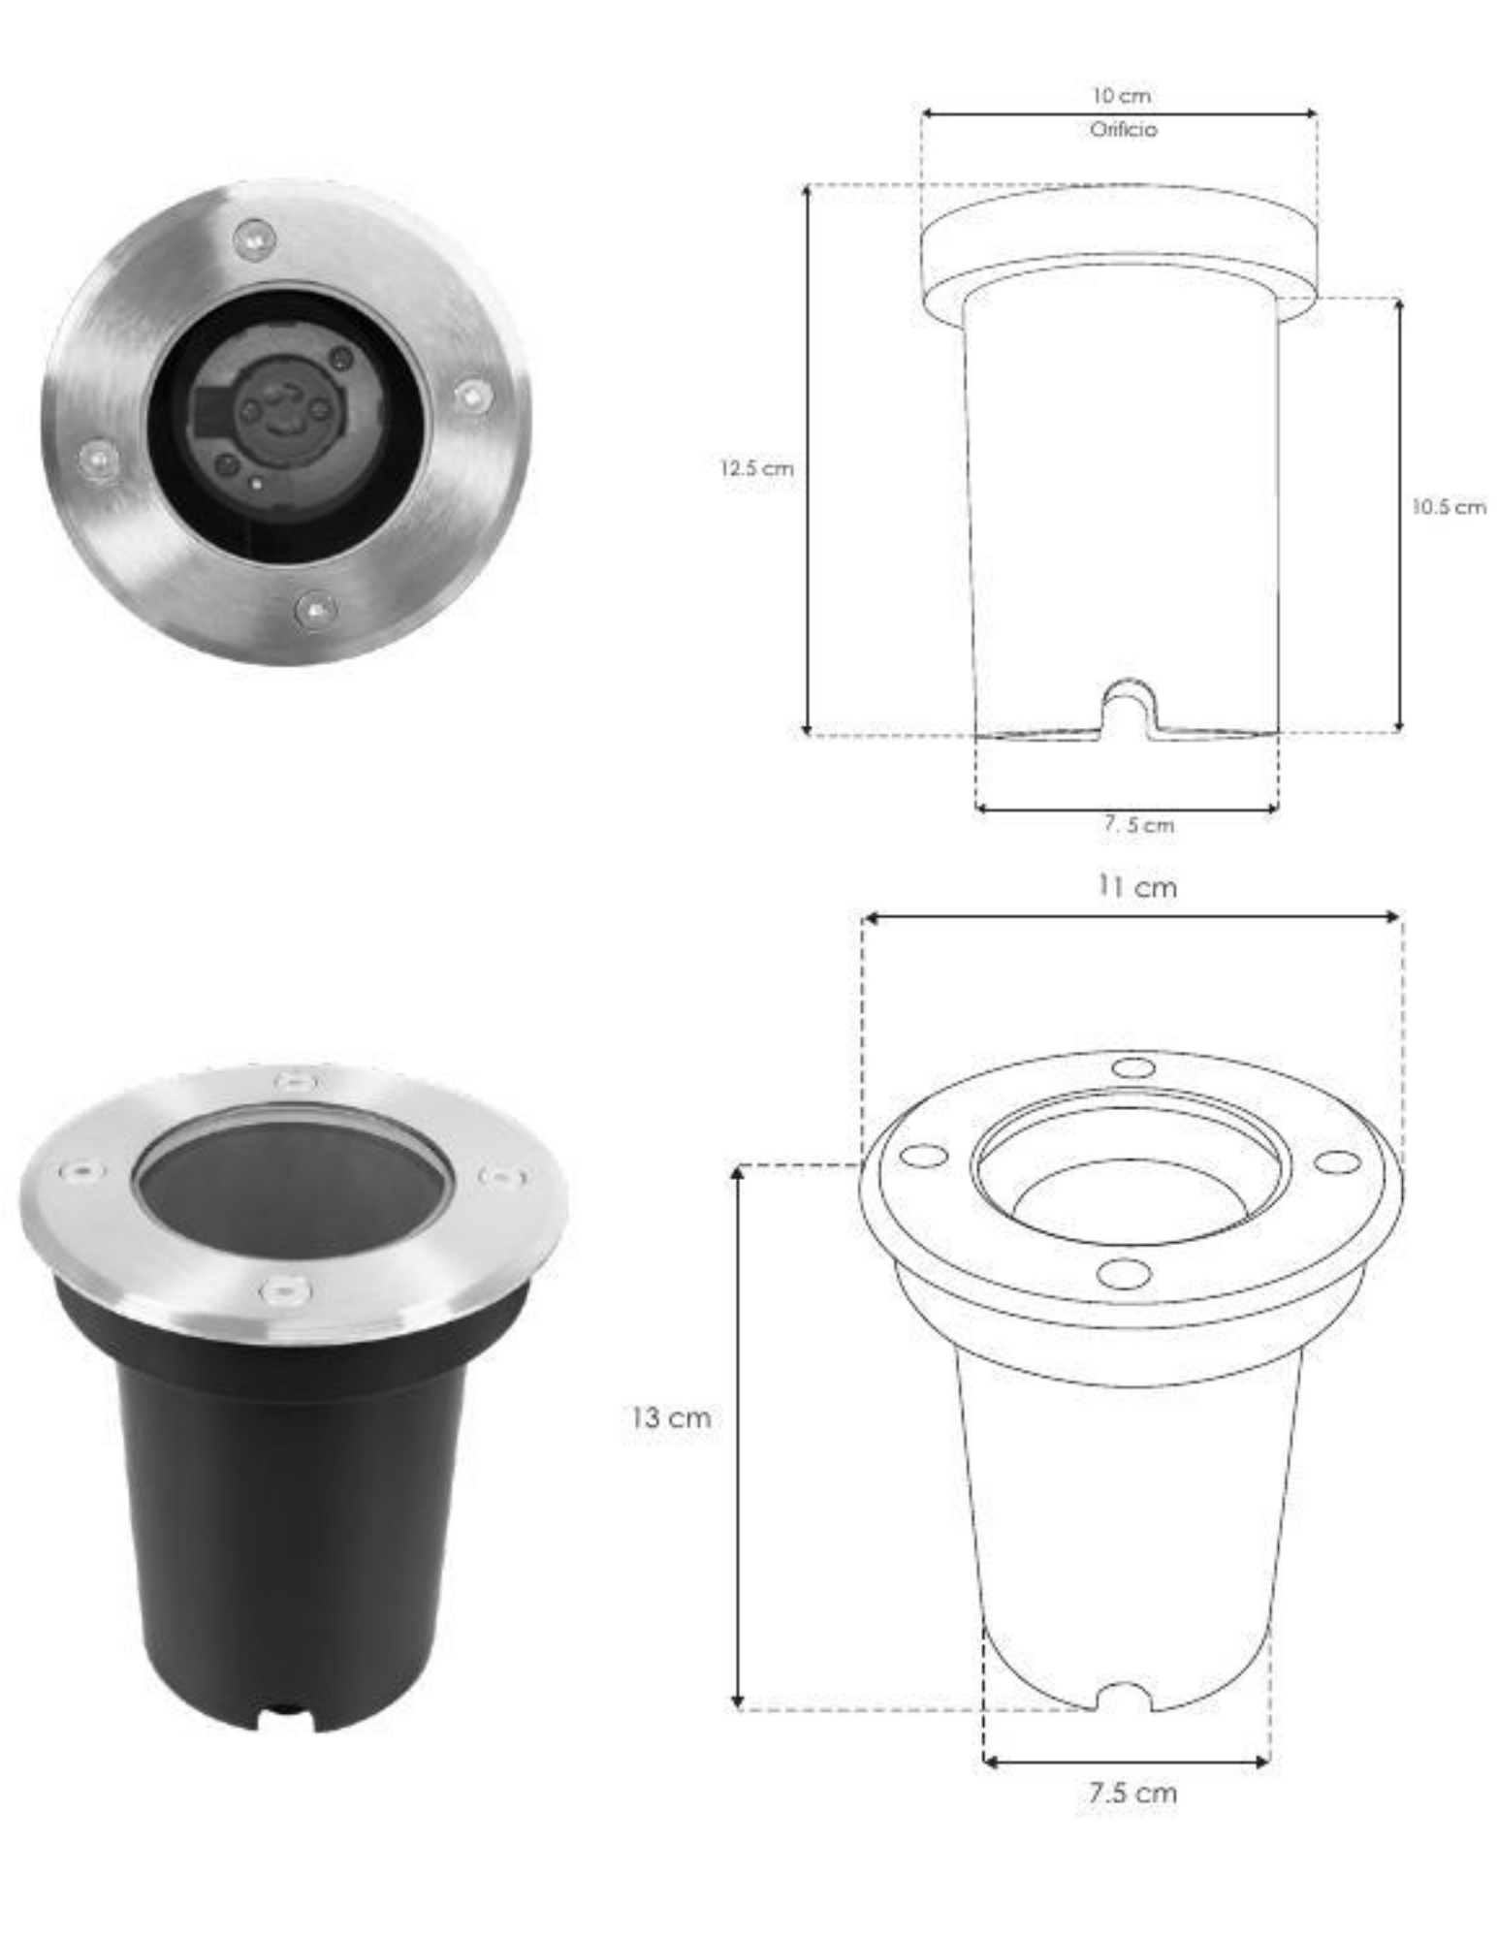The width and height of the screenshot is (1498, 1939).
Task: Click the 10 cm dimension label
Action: [x=1122, y=95]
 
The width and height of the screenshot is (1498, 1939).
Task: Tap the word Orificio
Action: [x=1123, y=129]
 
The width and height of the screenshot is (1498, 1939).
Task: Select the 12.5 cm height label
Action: [x=756, y=468]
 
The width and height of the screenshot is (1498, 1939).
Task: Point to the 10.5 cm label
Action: [x=1449, y=506]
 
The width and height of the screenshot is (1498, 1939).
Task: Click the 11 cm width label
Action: [x=1136, y=886]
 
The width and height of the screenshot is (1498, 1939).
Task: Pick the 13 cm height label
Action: [x=671, y=1417]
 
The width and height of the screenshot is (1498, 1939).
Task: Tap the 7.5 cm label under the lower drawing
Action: [x=1131, y=1792]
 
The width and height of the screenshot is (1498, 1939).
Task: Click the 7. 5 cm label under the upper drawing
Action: [x=1138, y=824]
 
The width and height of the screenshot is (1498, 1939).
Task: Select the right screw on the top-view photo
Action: [x=472, y=396]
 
